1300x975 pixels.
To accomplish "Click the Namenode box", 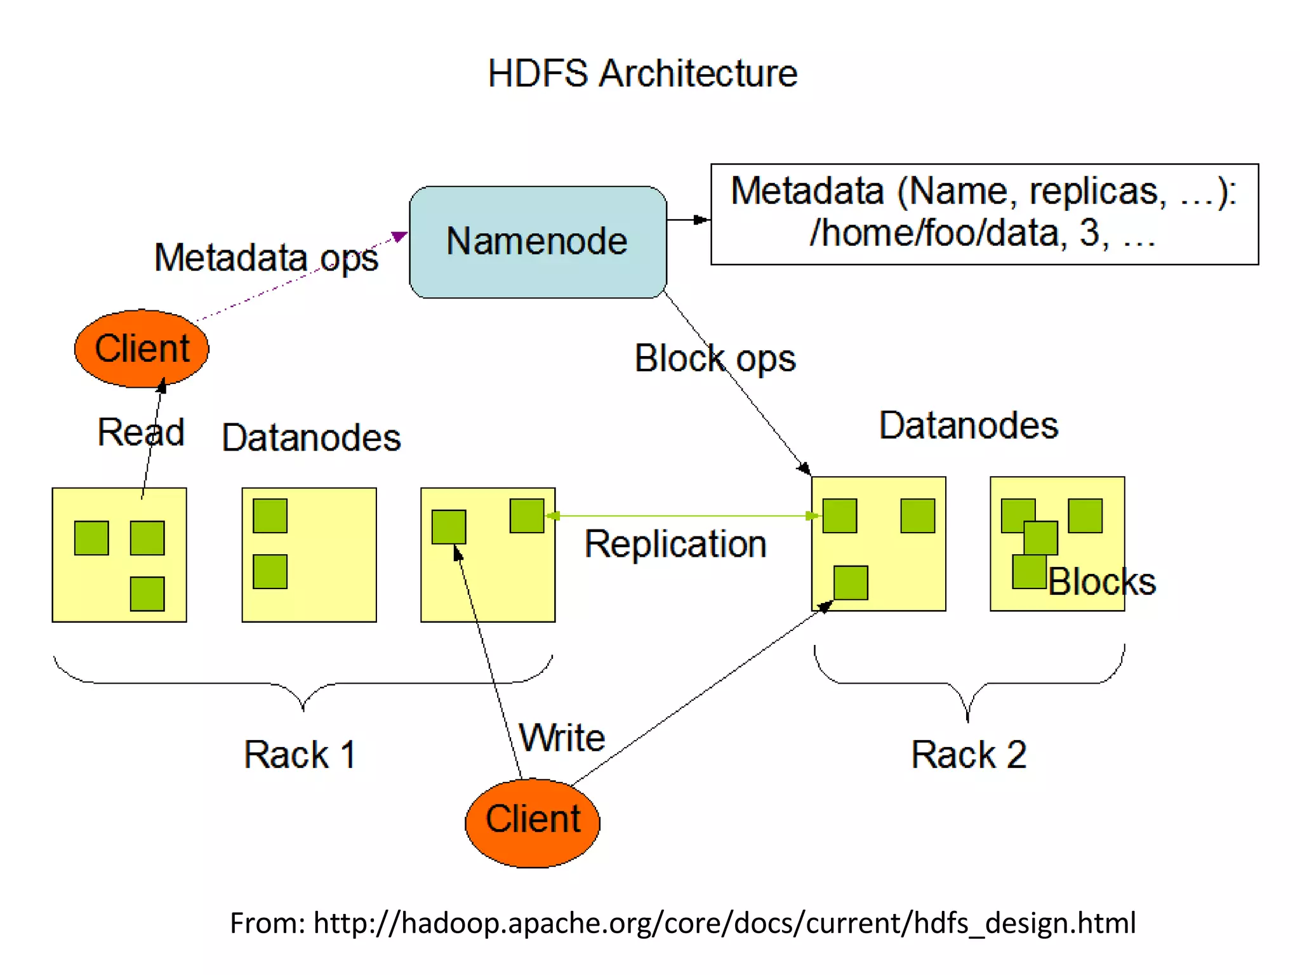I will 538,242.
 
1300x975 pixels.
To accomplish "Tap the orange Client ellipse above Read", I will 142,348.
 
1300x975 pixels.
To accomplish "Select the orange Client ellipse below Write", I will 533,823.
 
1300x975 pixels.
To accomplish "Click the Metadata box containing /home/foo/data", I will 984,214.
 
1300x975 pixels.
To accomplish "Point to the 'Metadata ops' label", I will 266,258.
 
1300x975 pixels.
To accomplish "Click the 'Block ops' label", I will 715,359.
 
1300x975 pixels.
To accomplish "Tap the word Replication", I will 675,544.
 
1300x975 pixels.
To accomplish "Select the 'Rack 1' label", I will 300,755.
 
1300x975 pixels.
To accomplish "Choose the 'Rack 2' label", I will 969,755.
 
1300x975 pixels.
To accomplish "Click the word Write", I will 562,738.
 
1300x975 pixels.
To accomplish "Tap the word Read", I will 140,432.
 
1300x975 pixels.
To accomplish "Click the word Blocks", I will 1101,581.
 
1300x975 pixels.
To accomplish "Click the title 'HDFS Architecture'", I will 642,74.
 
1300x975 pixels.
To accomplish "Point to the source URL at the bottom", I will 682,923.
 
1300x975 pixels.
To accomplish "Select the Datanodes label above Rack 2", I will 969,425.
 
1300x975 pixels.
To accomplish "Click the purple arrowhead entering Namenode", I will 399,237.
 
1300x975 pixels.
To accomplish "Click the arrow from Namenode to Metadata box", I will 689,220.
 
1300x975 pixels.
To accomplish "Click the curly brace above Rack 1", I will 303,686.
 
